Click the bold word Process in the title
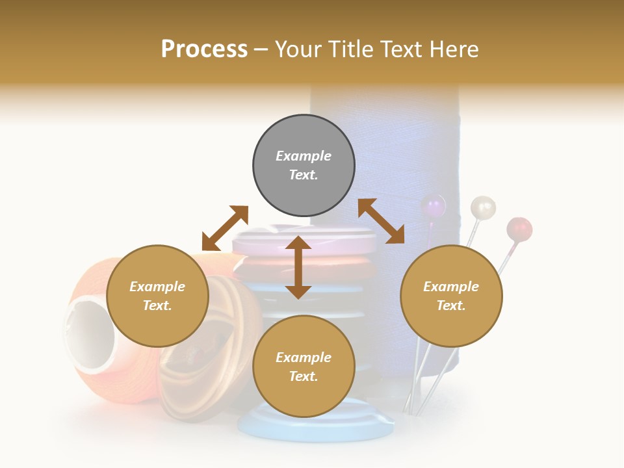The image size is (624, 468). click(x=204, y=49)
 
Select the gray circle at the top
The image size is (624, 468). click(x=304, y=166)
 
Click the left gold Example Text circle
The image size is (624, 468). click(x=157, y=296)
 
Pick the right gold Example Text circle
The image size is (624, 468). click(x=451, y=296)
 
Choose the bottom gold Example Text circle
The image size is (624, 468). click(x=304, y=366)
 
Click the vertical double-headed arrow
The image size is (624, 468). click(x=298, y=267)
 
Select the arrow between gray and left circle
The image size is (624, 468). click(x=225, y=228)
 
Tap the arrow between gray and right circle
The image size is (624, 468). click(x=381, y=221)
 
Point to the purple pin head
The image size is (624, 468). click(x=434, y=207)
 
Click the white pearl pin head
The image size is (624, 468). click(x=483, y=207)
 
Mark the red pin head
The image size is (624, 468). click(x=519, y=229)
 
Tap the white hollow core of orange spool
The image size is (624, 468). click(x=88, y=335)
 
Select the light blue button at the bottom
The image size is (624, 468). click(x=317, y=426)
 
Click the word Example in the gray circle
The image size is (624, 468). click(x=304, y=156)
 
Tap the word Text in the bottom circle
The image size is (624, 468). click(x=304, y=376)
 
